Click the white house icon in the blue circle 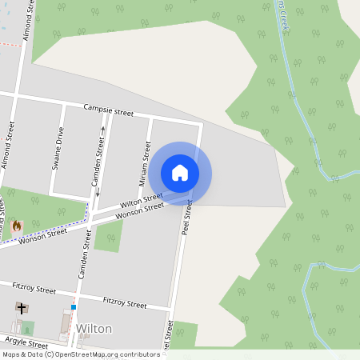180,173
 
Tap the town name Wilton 94,329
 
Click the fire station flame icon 17,226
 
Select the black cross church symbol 20,308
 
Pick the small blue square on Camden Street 73,306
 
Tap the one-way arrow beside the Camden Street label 102,130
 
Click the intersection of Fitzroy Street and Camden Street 78,291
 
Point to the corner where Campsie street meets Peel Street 200,124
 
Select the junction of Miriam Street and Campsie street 150,118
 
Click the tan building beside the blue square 66,324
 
